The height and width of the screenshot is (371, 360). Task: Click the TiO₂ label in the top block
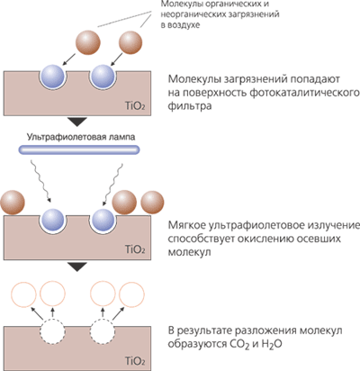click(135, 106)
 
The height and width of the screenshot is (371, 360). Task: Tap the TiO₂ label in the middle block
click(135, 249)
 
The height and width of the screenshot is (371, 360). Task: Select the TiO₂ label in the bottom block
click(135, 361)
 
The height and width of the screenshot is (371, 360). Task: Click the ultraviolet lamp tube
click(79, 149)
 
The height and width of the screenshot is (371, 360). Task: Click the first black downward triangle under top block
click(77, 122)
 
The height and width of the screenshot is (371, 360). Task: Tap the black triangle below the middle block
click(77, 267)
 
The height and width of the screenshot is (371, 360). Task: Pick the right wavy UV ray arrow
click(112, 185)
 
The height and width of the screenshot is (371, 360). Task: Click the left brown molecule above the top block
click(87, 42)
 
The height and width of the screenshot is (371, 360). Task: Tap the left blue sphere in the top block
click(52, 76)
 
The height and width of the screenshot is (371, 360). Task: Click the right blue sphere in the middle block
click(103, 220)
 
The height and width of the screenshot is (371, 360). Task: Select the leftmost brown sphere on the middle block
click(12, 203)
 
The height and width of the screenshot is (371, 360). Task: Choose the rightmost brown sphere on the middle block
click(152, 203)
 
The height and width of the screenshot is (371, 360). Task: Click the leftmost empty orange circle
click(23, 294)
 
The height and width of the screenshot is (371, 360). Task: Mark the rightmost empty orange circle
click(132, 294)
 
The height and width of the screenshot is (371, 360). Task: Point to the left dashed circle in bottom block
click(52, 332)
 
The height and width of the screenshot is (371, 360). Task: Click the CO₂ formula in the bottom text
click(239, 344)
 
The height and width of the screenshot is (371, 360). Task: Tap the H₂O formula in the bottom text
click(272, 344)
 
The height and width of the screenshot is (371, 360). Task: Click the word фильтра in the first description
click(190, 106)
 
